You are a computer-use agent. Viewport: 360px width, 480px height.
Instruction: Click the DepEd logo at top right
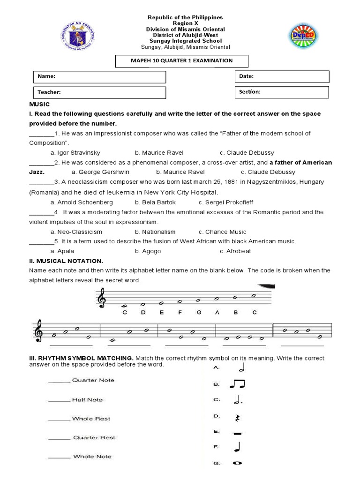point(306,37)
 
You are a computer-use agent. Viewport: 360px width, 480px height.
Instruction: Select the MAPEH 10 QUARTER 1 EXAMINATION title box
point(181,61)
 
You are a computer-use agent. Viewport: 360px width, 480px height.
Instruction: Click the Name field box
point(99,76)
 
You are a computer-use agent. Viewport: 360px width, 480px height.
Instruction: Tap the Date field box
point(282,76)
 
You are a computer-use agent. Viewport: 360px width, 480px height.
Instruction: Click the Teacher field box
point(99,93)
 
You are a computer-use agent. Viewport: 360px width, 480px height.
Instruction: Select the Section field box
point(282,92)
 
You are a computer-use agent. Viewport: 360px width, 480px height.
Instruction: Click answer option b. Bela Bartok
point(155,202)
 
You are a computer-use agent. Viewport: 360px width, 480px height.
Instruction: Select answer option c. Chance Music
point(222,232)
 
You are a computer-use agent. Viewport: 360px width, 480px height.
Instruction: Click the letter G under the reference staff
point(198,312)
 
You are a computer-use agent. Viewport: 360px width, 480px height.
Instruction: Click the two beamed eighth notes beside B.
point(237,385)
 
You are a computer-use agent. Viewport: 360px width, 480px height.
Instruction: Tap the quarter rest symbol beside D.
point(237,417)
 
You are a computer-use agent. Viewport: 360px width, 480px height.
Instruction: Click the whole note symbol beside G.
point(237,464)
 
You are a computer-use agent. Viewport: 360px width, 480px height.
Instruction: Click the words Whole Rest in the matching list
point(91,419)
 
